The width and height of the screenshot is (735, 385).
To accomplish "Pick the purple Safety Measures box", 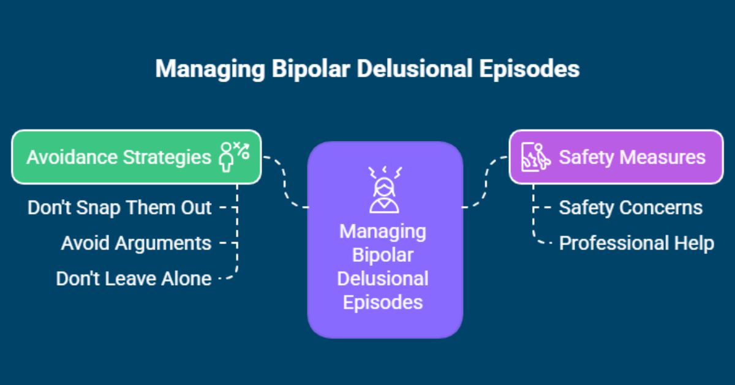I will point(616,157).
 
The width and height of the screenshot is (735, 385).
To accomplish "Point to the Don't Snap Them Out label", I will point(119,207).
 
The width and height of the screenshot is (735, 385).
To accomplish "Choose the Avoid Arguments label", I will point(136,243).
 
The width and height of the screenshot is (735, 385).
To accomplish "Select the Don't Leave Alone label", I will point(134,278).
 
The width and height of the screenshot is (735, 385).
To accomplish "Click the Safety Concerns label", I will point(630,207).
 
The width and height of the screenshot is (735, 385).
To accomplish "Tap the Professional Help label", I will point(636,243).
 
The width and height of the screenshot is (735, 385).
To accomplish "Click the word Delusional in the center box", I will point(383,278).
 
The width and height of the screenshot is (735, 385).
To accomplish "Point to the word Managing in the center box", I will point(383,232).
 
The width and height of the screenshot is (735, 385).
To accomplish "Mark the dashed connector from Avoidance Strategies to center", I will point(285,184).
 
